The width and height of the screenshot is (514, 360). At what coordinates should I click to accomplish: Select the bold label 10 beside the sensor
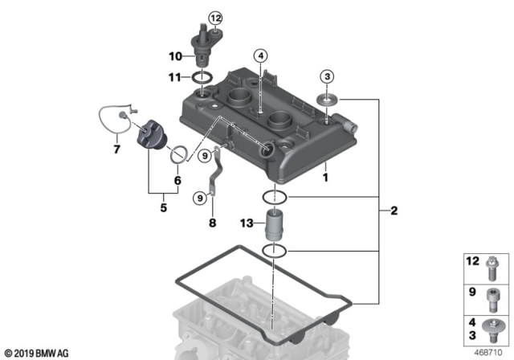(175, 55)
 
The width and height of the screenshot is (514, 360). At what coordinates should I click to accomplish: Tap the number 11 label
(175, 76)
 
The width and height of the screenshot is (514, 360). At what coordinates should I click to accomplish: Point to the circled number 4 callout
(260, 55)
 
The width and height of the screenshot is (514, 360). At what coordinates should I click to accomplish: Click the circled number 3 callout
(326, 77)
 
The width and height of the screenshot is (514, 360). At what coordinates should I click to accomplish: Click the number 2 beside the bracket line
(393, 212)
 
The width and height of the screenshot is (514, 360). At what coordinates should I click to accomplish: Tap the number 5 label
(162, 206)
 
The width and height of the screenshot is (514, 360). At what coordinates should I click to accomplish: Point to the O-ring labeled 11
(202, 77)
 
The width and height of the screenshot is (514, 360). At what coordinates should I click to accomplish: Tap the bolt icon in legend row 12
(492, 264)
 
